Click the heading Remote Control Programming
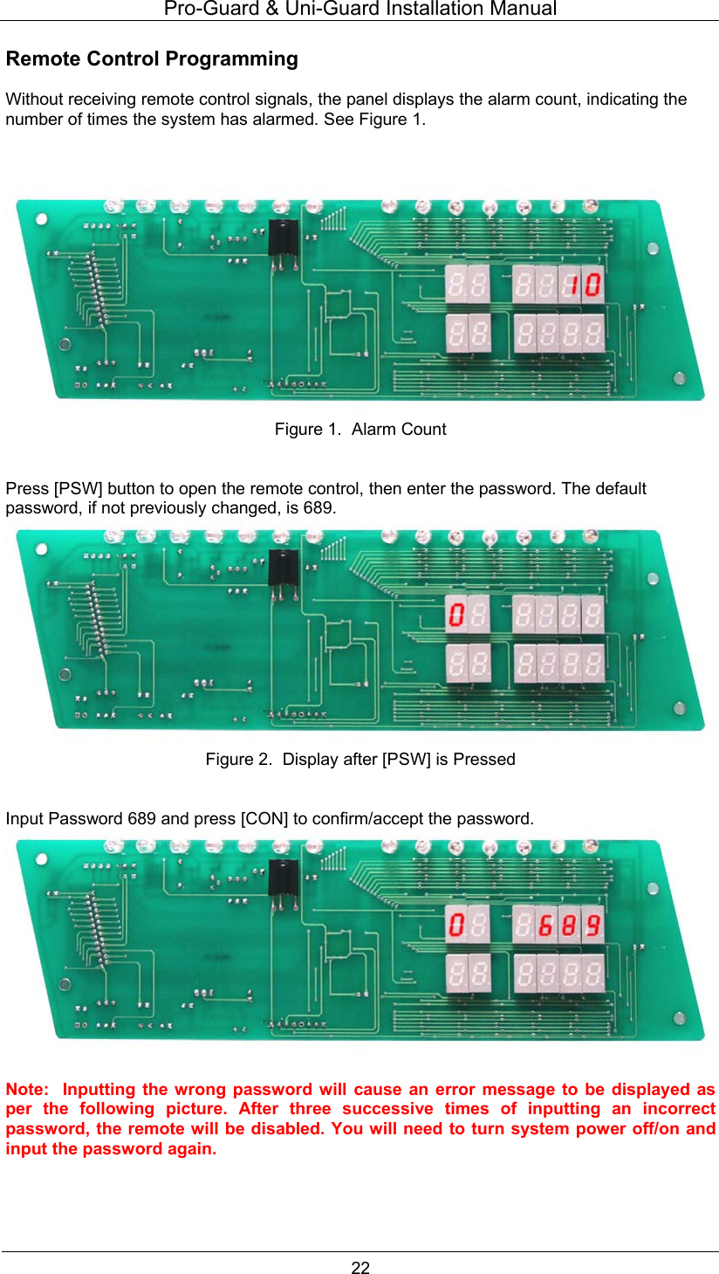(x=152, y=59)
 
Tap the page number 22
(x=360, y=1268)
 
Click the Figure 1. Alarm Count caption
(x=359, y=429)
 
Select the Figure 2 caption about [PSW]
(x=359, y=759)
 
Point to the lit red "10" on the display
(x=581, y=284)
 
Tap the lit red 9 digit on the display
(x=592, y=925)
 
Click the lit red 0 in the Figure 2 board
(x=455, y=614)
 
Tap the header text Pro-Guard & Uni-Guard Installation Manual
(x=359, y=9)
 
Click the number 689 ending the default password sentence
(x=319, y=507)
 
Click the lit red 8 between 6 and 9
(x=570, y=925)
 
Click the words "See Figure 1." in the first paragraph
(x=374, y=119)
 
